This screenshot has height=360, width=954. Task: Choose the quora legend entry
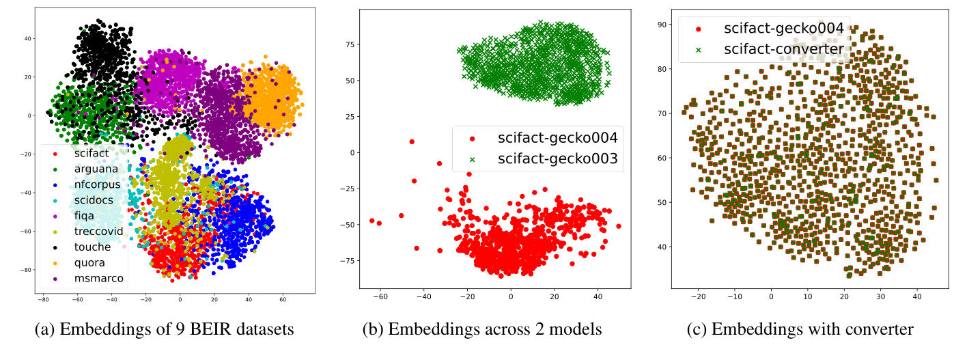pos(89,262)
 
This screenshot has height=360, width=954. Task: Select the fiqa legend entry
pos(83,215)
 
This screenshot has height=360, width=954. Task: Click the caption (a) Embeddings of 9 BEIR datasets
pos(164,329)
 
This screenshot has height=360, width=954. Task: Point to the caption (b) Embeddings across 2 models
pos(482,329)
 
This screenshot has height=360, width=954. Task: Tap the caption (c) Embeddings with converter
pos(800,329)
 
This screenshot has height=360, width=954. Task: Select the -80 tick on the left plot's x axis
pos(44,298)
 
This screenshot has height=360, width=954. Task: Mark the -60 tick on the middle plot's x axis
pos(380,298)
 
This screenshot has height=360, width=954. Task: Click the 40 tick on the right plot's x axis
pos(917,298)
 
